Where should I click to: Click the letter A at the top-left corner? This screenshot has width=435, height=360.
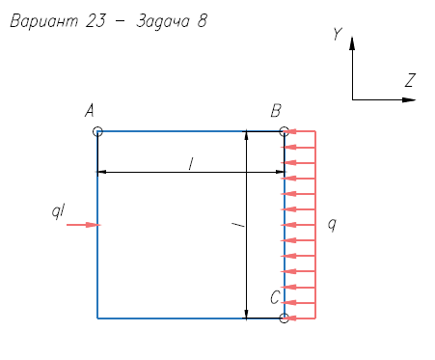tap(90, 111)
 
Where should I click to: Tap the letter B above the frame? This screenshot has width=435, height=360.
tap(276, 111)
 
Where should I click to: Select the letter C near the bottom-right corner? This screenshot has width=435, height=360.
tap(275, 297)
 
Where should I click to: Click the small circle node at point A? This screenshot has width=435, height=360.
tap(97, 131)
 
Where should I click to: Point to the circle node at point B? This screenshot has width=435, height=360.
tap(285, 131)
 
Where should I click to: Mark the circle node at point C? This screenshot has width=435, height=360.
tap(285, 318)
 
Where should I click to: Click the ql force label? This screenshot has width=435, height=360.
tap(59, 211)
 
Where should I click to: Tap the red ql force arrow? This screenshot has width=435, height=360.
tap(84, 225)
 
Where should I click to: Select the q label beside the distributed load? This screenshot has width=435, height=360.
tap(333, 224)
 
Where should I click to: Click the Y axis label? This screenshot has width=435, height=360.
tap(338, 34)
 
